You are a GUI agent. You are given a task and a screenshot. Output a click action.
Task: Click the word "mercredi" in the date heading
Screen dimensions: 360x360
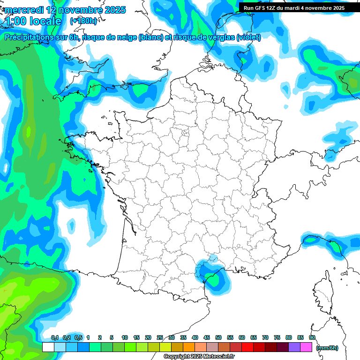coord(23,10)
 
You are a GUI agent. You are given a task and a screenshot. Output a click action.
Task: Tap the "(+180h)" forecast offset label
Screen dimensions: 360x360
coord(83,21)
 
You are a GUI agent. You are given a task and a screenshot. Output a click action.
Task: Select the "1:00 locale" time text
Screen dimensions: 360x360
coord(32,21)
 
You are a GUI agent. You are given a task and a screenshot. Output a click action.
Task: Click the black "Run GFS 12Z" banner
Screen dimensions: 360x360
coord(294,8)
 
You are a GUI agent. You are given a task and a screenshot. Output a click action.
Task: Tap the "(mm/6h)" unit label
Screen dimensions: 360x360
coord(327,348)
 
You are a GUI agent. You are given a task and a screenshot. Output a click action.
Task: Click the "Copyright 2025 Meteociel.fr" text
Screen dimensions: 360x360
coord(199,357)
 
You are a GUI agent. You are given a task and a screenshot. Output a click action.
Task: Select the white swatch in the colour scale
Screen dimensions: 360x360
coord(48,347)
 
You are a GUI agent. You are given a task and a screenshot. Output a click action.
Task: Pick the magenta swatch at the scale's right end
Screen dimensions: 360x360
coord(306,347)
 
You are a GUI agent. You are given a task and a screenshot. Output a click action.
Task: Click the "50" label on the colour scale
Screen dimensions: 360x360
coord(218,337)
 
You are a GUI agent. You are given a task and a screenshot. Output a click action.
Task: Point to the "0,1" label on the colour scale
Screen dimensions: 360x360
coord(55,337)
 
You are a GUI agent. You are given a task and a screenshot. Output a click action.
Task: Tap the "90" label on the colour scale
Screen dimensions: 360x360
coord(312,337)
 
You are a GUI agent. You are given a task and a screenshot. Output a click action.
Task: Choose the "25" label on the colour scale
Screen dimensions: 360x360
coord(160,337)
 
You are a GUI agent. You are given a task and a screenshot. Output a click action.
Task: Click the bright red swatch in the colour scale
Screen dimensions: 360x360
coord(247,347)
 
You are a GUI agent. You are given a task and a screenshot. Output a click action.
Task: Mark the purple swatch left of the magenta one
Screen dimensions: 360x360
coord(294,347)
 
